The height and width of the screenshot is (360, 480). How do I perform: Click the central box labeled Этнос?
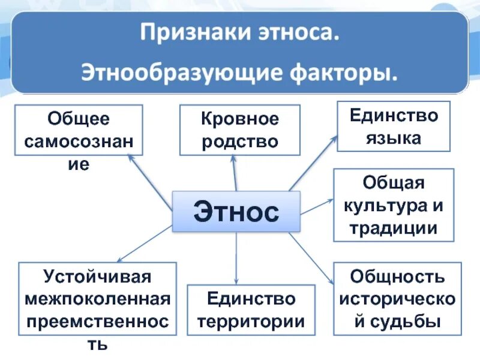tap(236, 211)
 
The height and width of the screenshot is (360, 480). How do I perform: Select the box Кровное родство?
tap(239, 130)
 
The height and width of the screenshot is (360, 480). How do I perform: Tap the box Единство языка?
tap(394, 126)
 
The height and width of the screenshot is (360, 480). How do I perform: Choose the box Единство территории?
tap(251, 310)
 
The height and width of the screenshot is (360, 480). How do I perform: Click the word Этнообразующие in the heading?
tap(186, 74)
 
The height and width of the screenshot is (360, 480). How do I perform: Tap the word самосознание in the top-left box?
tap(78, 142)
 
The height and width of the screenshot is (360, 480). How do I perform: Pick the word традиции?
tap(394, 228)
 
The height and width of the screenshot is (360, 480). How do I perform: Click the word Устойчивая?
tap(97, 277)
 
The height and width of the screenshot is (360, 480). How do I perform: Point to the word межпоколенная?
tap(97, 299)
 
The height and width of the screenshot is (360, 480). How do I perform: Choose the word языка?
tap(394, 138)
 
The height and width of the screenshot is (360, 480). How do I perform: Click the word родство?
tap(239, 142)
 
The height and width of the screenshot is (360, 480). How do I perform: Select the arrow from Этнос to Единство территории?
tap(236, 258)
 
